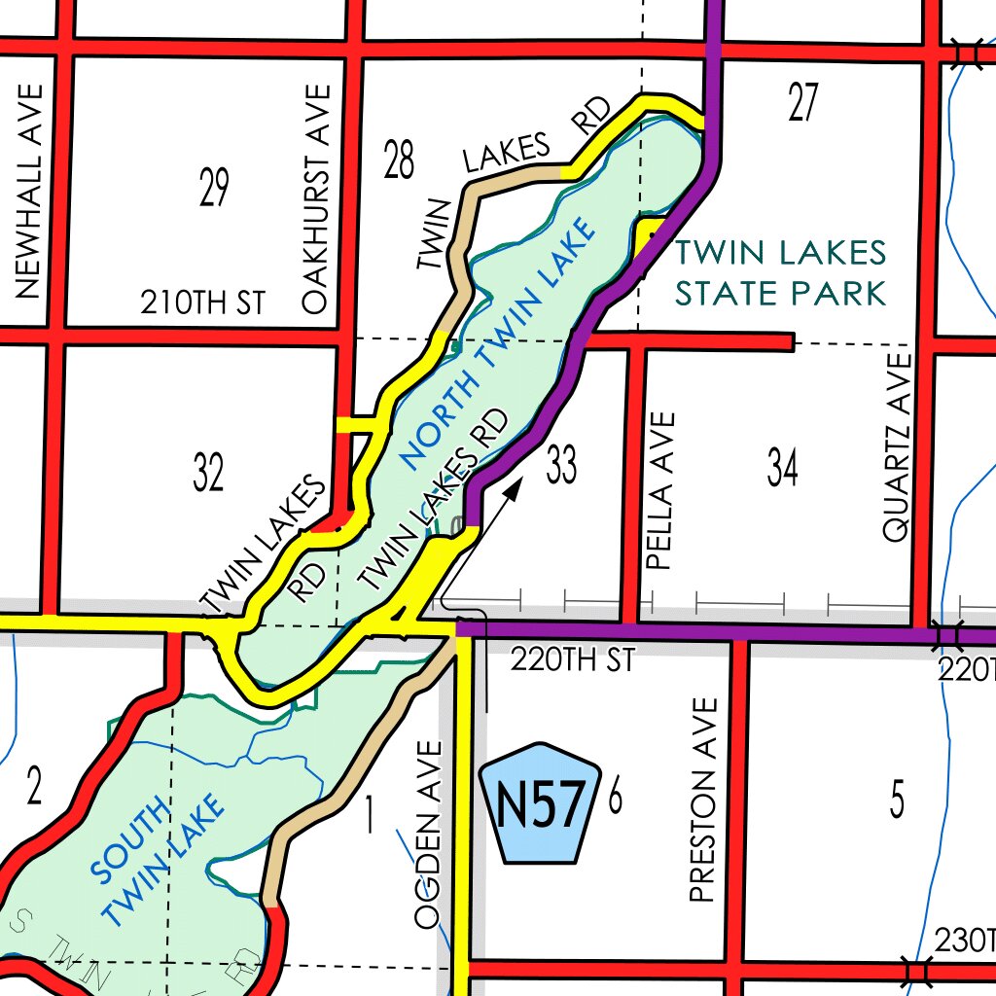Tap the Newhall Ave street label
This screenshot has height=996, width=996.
tap(29, 190)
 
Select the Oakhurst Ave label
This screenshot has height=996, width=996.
tap(317, 199)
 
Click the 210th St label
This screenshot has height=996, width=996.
tap(202, 302)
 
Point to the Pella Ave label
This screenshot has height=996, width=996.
tap(660, 490)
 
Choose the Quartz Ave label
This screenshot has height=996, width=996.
tap(896, 446)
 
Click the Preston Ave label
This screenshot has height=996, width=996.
tap(702, 800)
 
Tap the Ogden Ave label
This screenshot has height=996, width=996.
tap(429, 835)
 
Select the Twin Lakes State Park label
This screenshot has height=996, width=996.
tap(781, 272)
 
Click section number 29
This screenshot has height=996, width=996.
tap(213, 188)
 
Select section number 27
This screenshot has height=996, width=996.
tap(802, 103)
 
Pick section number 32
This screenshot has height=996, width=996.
tap(208, 474)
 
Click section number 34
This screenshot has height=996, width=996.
tap(782, 468)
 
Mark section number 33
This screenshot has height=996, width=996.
tap(561, 465)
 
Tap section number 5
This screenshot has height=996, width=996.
tap(897, 800)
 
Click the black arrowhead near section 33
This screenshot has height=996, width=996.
tap(516, 483)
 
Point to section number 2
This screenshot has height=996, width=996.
tap(34, 787)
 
